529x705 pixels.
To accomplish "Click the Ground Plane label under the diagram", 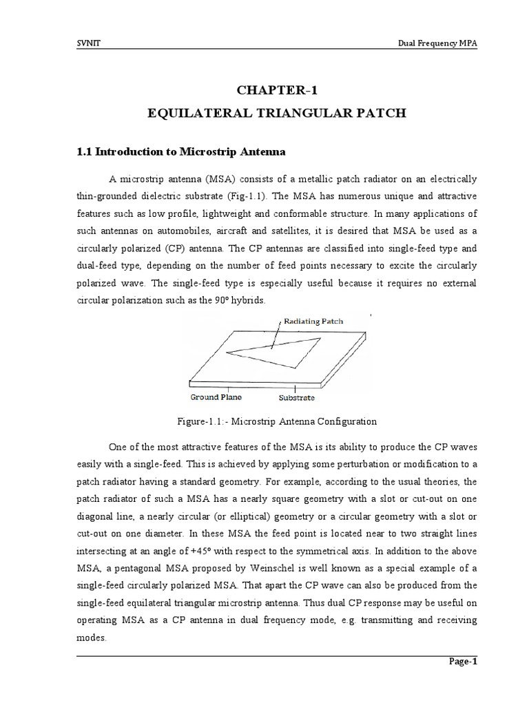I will (215, 397).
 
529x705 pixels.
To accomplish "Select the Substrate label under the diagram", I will (297, 397).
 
